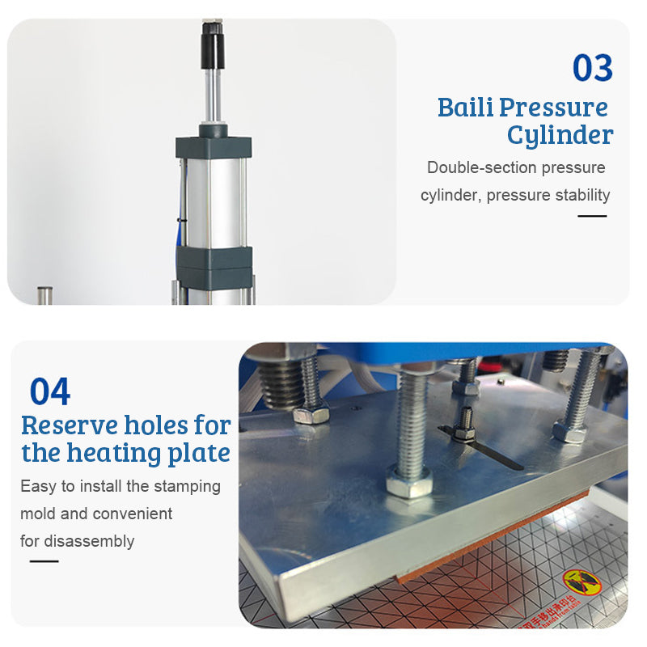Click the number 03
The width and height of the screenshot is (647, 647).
coord(593,69)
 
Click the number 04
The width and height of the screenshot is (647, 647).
coord(50,392)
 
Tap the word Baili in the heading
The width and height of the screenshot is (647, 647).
coord(464,107)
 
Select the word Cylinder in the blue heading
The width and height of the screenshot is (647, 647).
coord(560,135)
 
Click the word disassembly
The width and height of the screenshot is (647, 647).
coord(91,541)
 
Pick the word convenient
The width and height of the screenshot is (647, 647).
coord(132,514)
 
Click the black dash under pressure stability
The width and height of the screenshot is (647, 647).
coord(592,216)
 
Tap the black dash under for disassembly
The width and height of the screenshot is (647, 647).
coord(44,561)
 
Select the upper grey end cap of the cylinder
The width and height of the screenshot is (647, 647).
coord(214,146)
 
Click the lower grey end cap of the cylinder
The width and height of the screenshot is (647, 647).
coord(214,263)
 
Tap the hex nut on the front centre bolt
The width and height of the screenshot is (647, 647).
coord(408,484)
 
